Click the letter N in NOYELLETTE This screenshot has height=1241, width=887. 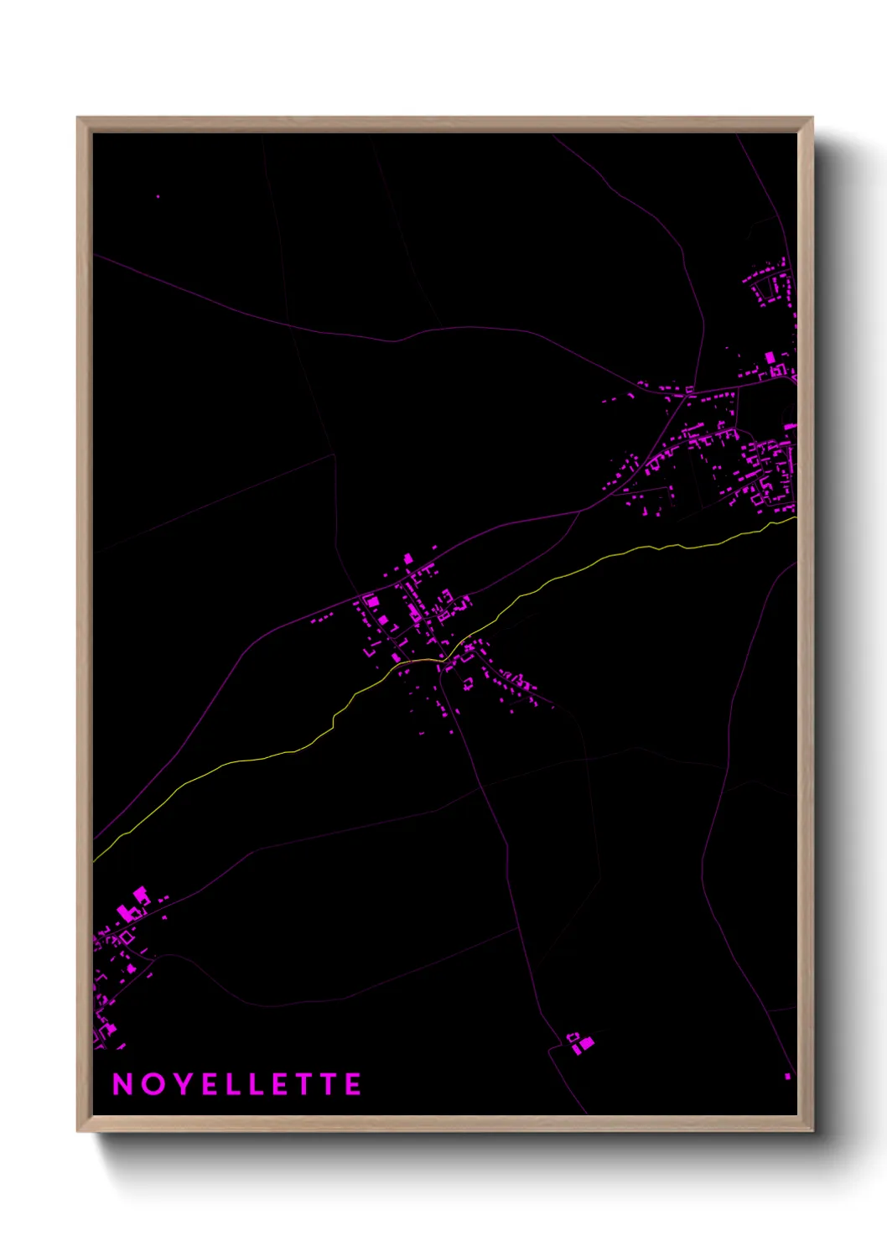pos(123,1084)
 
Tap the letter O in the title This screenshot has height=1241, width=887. pos(153,1084)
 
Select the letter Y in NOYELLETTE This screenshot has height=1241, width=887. pos(183,1084)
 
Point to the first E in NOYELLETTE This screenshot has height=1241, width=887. pos(210,1084)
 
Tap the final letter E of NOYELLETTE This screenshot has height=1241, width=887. pos(354,1084)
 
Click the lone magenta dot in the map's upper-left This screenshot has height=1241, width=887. pos(158,197)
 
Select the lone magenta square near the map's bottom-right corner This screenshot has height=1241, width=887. pos(787,1076)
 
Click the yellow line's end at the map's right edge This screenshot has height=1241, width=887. pos(795,518)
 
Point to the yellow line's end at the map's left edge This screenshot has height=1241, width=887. pos(94,860)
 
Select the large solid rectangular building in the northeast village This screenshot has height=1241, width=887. pos(770,358)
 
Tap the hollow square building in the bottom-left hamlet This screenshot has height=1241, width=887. pos(127,937)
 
